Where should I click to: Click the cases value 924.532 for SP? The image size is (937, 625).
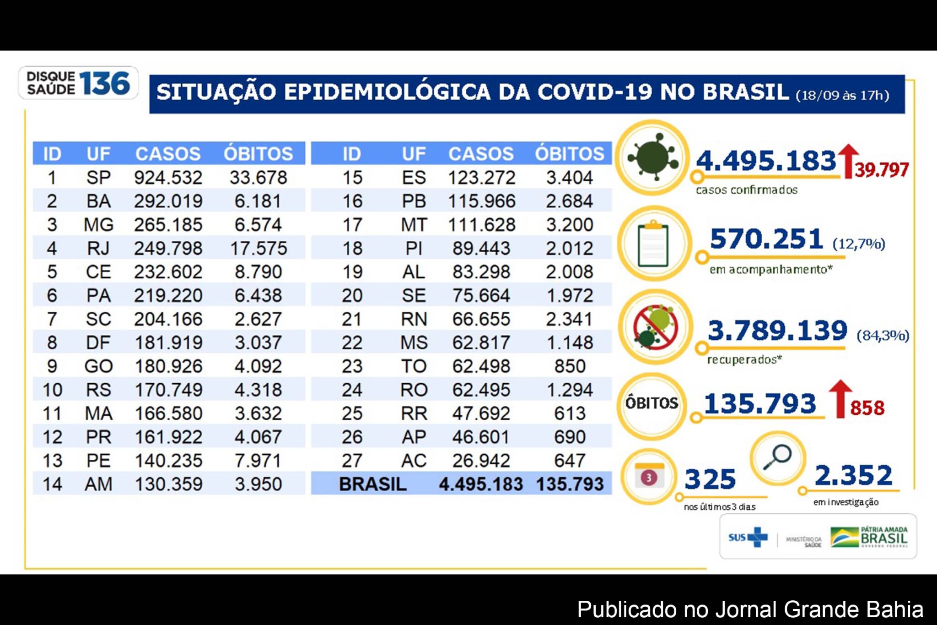[x=168, y=178]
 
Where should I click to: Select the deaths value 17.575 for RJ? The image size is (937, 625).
[x=258, y=249]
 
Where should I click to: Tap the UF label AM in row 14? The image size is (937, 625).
[x=98, y=484]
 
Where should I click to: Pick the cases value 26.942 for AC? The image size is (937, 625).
[x=481, y=461]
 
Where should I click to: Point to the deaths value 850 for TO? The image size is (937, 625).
[x=570, y=366]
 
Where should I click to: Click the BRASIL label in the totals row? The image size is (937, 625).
[x=372, y=484]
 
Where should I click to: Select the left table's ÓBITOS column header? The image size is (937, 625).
[x=258, y=154]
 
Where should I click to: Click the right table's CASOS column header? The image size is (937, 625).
[x=481, y=154]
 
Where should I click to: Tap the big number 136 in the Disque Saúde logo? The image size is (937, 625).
[x=105, y=84]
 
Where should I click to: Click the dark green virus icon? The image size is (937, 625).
[x=653, y=157]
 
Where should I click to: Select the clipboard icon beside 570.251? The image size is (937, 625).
[x=653, y=244]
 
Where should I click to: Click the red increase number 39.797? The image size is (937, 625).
[x=882, y=170]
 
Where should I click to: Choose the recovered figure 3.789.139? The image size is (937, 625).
[x=777, y=331]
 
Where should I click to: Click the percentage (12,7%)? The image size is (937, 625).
[x=859, y=244]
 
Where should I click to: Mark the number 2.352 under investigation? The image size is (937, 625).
[x=853, y=475]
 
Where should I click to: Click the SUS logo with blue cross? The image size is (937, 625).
[x=749, y=537]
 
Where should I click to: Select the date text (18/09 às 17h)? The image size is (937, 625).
[x=843, y=96]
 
